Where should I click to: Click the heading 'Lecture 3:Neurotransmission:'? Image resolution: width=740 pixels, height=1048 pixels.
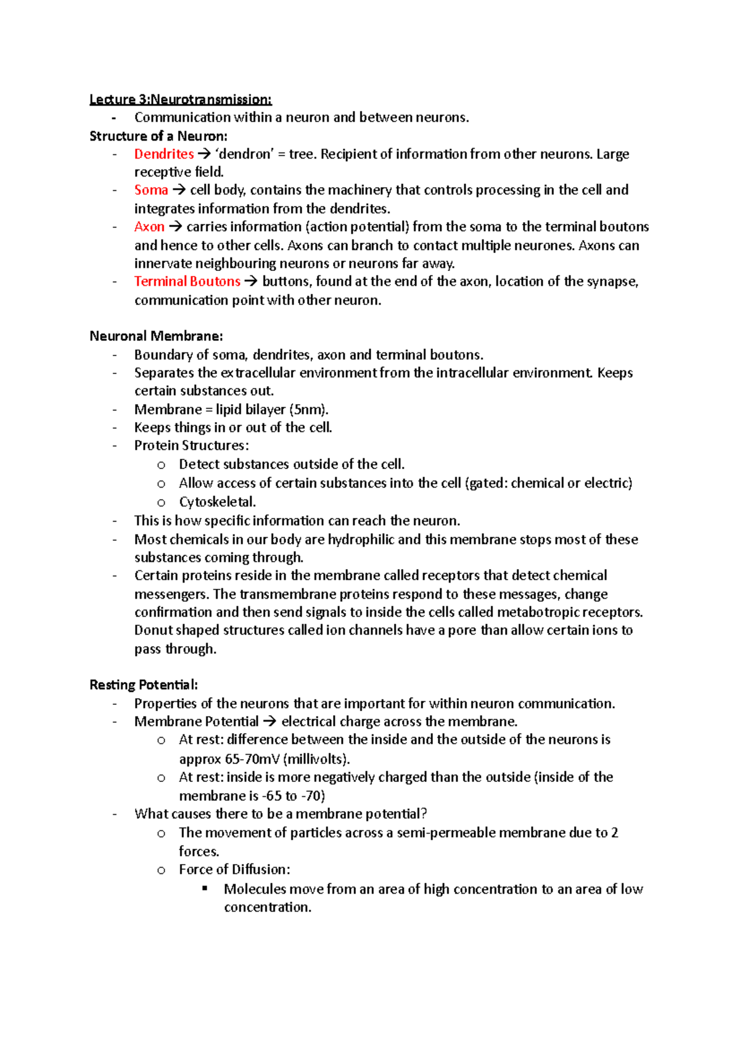coord(180,99)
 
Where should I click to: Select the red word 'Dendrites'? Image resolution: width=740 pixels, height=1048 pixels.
coord(164,154)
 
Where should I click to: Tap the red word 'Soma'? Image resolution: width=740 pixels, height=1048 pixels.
coord(151,190)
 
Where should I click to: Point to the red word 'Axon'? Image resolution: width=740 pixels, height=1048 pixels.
coord(149,227)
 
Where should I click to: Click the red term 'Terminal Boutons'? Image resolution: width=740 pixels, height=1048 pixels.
coord(187,281)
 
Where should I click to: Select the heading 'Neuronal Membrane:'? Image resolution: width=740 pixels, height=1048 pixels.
coord(156,336)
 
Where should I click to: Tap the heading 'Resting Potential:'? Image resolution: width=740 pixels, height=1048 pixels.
coord(144,684)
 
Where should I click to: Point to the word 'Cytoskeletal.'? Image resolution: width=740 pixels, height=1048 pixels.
coord(217,502)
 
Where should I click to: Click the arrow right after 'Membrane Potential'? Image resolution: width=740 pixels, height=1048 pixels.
coord(270,722)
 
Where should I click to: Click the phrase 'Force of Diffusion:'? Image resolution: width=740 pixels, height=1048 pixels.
coord(234,870)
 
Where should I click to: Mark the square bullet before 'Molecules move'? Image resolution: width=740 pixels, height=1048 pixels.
coord(205,889)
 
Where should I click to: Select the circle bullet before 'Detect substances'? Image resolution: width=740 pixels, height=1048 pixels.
coord(162,465)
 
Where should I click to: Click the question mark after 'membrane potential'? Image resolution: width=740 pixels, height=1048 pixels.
coord(424,814)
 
